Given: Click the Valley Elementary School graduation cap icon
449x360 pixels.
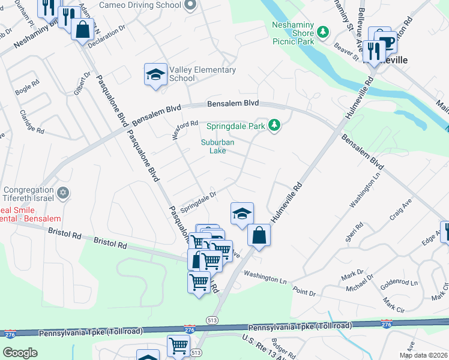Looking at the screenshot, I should click(x=155, y=75).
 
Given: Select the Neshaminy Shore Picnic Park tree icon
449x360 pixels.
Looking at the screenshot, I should click(x=324, y=31).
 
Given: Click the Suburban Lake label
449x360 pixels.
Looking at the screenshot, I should click(x=217, y=146).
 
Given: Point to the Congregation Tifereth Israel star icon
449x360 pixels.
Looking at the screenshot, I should click(x=62, y=193).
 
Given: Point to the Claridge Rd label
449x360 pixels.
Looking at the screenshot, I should click(x=32, y=121).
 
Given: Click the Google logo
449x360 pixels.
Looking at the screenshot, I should click(x=20, y=353).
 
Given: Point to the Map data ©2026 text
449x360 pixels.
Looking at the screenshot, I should click(x=423, y=355).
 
